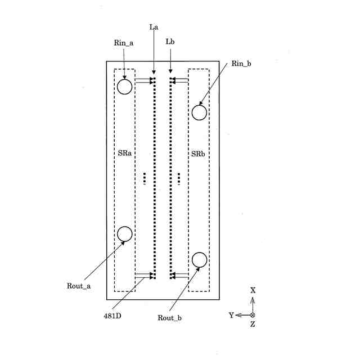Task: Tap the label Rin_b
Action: pyautogui.click(x=241, y=64)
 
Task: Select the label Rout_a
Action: pyautogui.click(x=78, y=286)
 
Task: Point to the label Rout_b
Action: pyautogui.click(x=169, y=318)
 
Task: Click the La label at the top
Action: pyautogui.click(x=154, y=27)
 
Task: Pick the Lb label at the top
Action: pyautogui.click(x=170, y=42)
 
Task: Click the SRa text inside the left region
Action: pyautogui.click(x=124, y=154)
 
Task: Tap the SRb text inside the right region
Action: pyautogui.click(x=198, y=154)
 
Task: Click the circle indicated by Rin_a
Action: pyautogui.click(x=124, y=87)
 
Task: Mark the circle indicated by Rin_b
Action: pyautogui.click(x=199, y=112)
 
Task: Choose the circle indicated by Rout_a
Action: pyautogui.click(x=124, y=234)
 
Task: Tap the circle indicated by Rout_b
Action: pyautogui.click(x=199, y=260)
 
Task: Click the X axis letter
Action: pyautogui.click(x=253, y=290)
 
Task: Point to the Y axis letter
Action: pyautogui.click(x=231, y=316)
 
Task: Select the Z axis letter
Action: pyautogui.click(x=253, y=325)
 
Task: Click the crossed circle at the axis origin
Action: pyautogui.click(x=253, y=315)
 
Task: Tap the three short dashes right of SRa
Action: pyautogui.click(x=145, y=178)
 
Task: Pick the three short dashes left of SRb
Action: pyautogui.click(x=179, y=178)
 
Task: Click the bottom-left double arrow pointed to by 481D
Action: pyautogui.click(x=145, y=275)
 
